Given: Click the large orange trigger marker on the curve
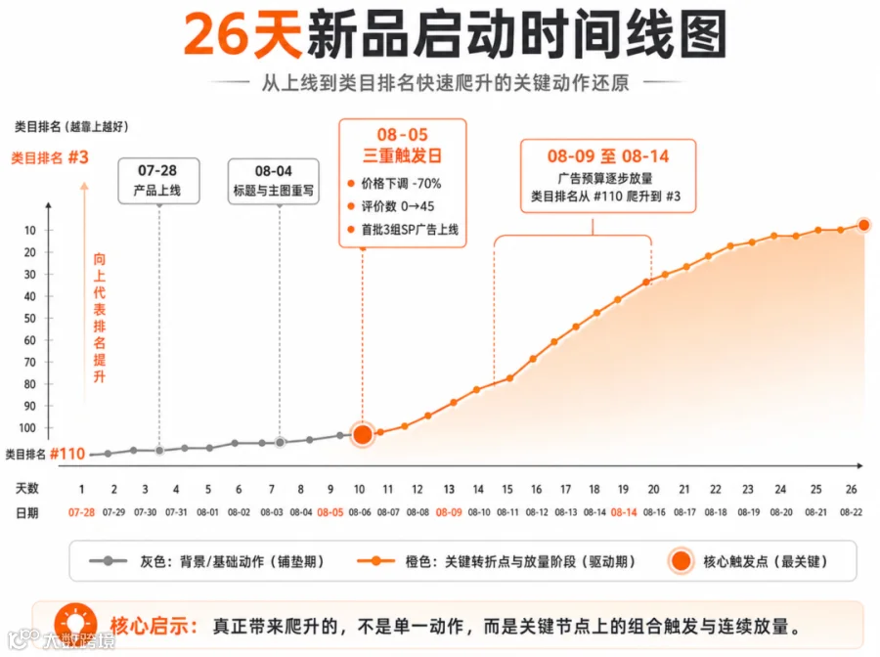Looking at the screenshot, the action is point(363,434).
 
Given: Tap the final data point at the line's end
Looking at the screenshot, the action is point(863,225).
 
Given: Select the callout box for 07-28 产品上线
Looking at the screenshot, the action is point(158,181).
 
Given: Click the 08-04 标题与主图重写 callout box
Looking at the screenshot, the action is point(274,181).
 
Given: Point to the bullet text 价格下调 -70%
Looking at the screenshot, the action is point(401,184).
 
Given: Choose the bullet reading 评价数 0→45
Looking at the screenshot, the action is point(397,206).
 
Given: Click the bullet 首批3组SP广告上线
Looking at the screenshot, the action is point(410,230).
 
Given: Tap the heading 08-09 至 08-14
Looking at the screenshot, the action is point(608,156).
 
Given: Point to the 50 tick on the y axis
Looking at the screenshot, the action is point(29,318).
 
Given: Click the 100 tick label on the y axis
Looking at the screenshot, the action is point(27,427).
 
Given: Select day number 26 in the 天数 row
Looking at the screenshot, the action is point(851,489).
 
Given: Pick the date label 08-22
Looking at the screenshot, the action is point(851,512).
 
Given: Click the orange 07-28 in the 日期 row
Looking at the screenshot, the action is point(81,512).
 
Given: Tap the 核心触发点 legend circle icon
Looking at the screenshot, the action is point(682,560).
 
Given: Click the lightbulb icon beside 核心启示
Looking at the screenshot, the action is point(75,624).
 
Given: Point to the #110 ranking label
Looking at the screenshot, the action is point(67,454).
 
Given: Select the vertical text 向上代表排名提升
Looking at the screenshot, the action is point(100,318).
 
